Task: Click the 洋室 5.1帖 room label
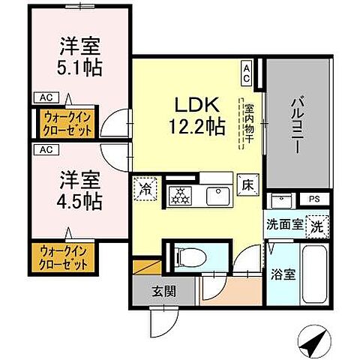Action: click(x=81, y=56)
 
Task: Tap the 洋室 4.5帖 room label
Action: click(x=81, y=190)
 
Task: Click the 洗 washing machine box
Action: click(x=317, y=224)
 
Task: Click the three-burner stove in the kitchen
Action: click(x=180, y=196)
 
